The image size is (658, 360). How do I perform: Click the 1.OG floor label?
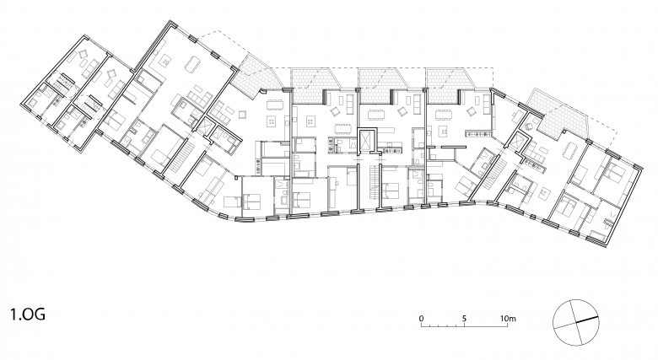(x=28, y=314)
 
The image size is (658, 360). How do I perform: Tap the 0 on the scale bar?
(x=422, y=318)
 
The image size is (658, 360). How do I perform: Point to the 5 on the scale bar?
(x=464, y=318)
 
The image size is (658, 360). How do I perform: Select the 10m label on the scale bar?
(x=508, y=318)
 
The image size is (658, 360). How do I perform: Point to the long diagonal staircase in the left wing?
(x=181, y=158)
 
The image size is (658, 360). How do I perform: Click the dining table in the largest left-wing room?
(x=193, y=62)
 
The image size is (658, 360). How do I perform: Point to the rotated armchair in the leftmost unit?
(x=83, y=54)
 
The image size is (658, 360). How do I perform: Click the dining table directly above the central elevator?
(x=375, y=114)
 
